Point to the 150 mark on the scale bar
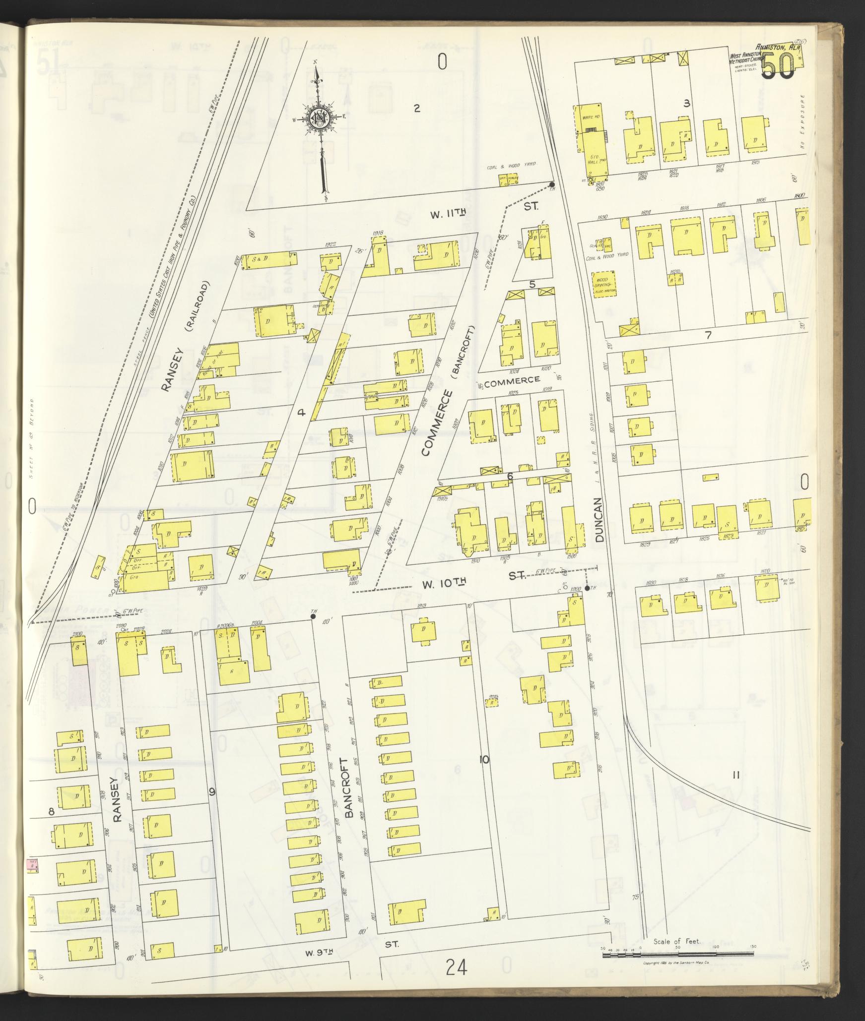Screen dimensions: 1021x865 pyautogui.click(x=753, y=947)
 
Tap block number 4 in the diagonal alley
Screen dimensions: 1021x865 pyautogui.click(x=300, y=412)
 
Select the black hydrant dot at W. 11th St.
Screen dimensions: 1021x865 pyautogui.click(x=551, y=185)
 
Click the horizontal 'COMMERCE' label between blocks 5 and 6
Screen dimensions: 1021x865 pyautogui.click(x=511, y=380)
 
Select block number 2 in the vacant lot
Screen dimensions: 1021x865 pyautogui.click(x=417, y=108)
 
